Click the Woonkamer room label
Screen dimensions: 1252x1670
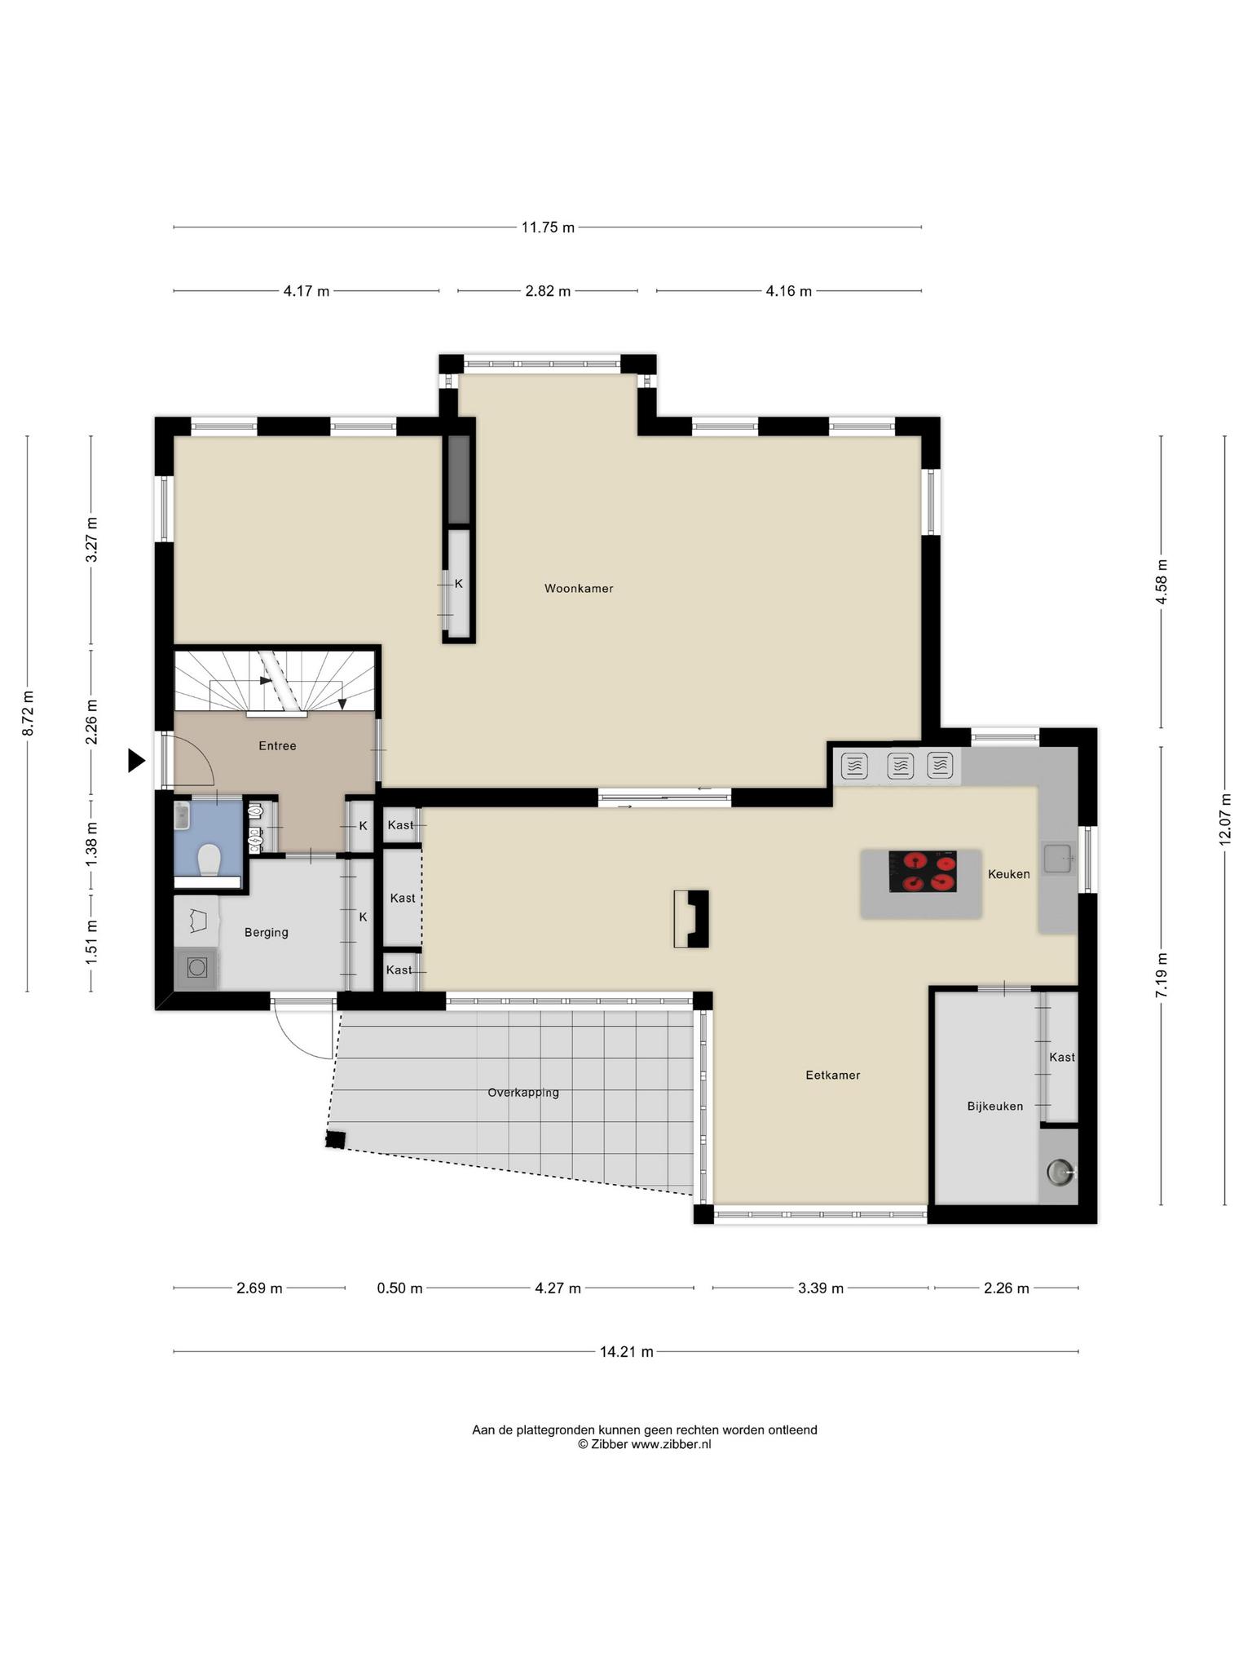coord(579,588)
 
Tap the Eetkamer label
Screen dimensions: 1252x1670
coord(833,1075)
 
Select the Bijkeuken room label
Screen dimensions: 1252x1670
coord(995,1107)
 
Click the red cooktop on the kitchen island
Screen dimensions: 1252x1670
coord(923,871)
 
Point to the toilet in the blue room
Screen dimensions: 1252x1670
coord(209,859)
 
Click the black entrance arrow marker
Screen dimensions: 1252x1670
coord(136,761)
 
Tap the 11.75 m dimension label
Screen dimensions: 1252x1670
coord(548,228)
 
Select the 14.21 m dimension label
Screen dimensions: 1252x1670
coord(627,1351)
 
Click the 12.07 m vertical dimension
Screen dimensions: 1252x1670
coord(1224,820)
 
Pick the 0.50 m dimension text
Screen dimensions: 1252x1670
coord(399,1288)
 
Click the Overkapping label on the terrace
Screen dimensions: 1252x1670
coord(523,1093)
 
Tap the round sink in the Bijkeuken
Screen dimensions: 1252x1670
coord(1060,1172)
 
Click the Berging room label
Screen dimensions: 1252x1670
coord(267,932)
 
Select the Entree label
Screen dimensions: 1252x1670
coord(277,745)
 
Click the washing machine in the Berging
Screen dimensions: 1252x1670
coord(196,968)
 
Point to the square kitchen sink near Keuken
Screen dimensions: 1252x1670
coord(1059,858)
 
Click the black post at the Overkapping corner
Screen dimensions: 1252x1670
coord(335,1139)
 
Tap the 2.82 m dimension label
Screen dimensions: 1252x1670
coord(548,291)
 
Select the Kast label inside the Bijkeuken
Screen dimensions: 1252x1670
coord(1062,1057)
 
